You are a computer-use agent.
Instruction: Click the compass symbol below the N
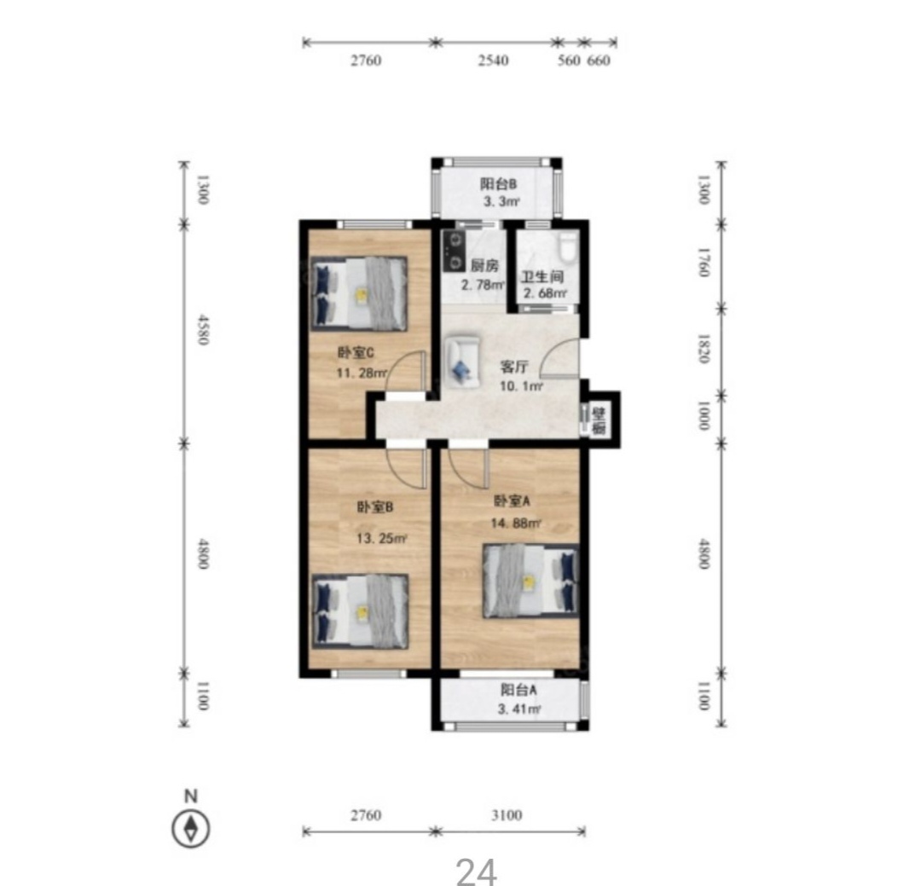pos(191,828)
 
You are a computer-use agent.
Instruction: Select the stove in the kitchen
pos(454,251)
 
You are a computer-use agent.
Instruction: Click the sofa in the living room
pos(462,362)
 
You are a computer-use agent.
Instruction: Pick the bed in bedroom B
pos(360,611)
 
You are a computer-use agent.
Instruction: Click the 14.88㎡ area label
pos(516,523)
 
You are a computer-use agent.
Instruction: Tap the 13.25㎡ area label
pos(382,538)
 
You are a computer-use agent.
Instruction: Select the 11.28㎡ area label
pos(362,373)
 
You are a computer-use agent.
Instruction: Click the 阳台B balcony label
pos(499,184)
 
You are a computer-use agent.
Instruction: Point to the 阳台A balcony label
pos(518,690)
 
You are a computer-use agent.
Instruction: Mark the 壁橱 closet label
pos(599,421)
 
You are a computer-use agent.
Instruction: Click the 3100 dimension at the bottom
pos(507,814)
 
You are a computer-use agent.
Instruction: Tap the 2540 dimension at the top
pos(493,60)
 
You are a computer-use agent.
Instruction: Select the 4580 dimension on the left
pos(202,330)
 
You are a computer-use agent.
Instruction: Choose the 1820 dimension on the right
pos(704,349)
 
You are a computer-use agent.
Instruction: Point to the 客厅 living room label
pos(514,367)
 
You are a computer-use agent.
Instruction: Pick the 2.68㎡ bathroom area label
pos(545,293)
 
